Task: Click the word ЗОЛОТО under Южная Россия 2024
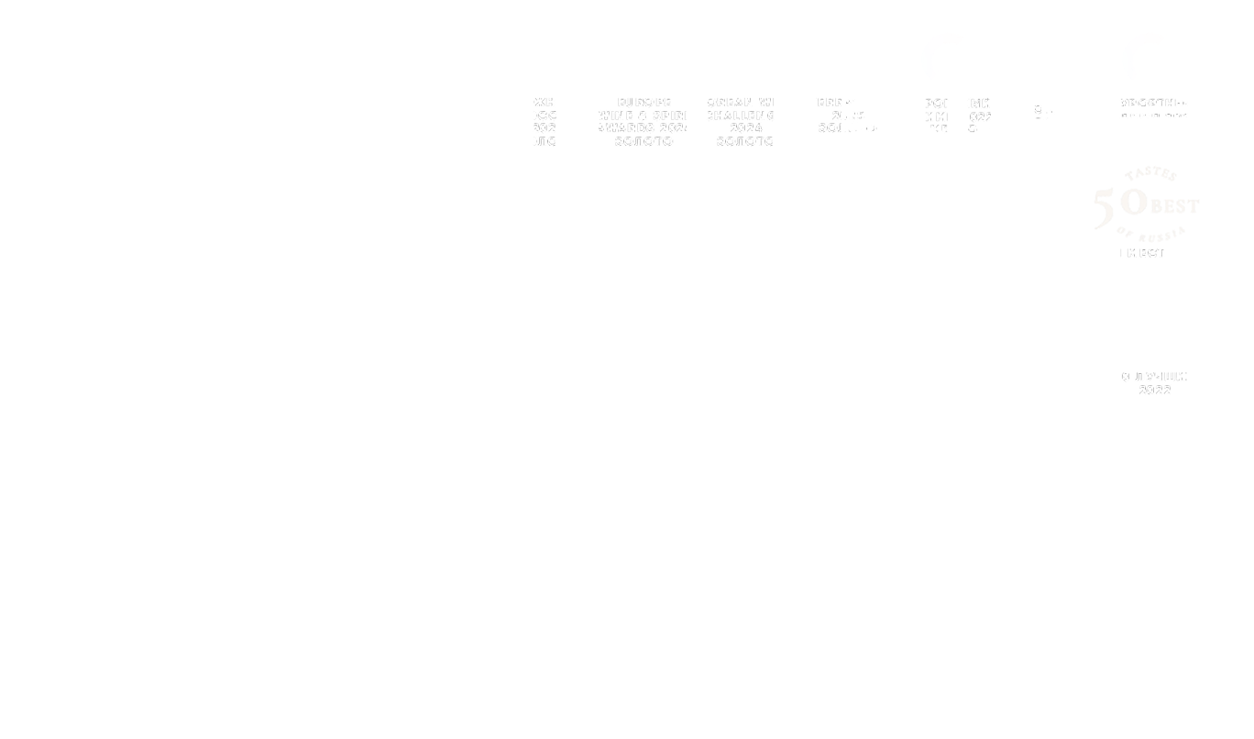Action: coord(547,142)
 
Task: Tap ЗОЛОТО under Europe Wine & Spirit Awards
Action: coord(643,142)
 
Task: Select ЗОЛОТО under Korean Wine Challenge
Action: coord(746,142)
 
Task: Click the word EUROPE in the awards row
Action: coord(644,102)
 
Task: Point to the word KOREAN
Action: coord(725,103)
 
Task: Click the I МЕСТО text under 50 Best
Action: coord(1146,252)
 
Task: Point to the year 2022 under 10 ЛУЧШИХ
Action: coord(1155,391)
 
